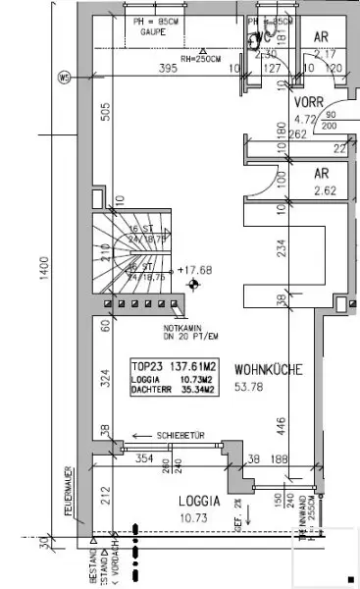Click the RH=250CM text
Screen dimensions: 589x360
tap(213, 56)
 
